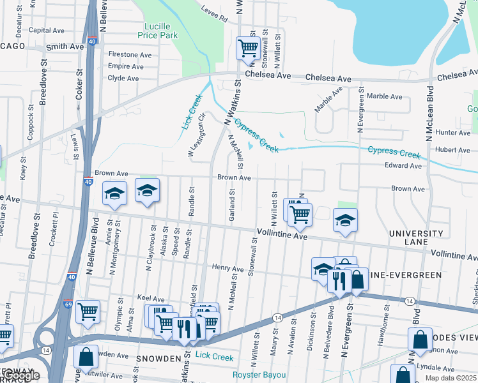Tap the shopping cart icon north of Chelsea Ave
[247, 47]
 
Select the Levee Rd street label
[215, 19]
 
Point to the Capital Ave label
[47, 30]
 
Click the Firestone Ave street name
[130, 55]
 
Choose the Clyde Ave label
[123, 79]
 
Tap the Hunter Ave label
[452, 133]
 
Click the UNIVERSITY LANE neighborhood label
[419, 238]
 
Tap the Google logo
[20, 375]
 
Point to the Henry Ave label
[229, 267]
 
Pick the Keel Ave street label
[151, 298]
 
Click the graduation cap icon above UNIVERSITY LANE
[346, 220]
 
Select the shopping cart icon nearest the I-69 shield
[88, 312]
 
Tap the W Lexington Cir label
[196, 135]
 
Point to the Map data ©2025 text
[451, 378]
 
